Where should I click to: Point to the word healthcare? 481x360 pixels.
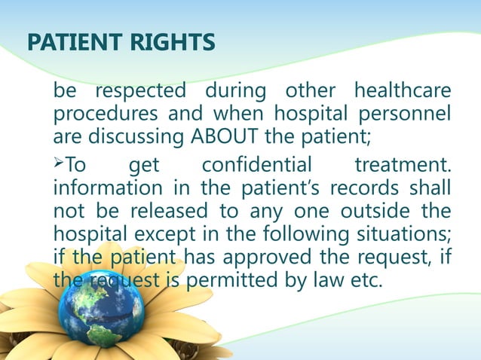[402, 92]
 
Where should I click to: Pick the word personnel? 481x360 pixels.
[408, 116]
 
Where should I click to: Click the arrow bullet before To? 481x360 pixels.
[60, 163]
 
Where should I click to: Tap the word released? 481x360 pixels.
[148, 210]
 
